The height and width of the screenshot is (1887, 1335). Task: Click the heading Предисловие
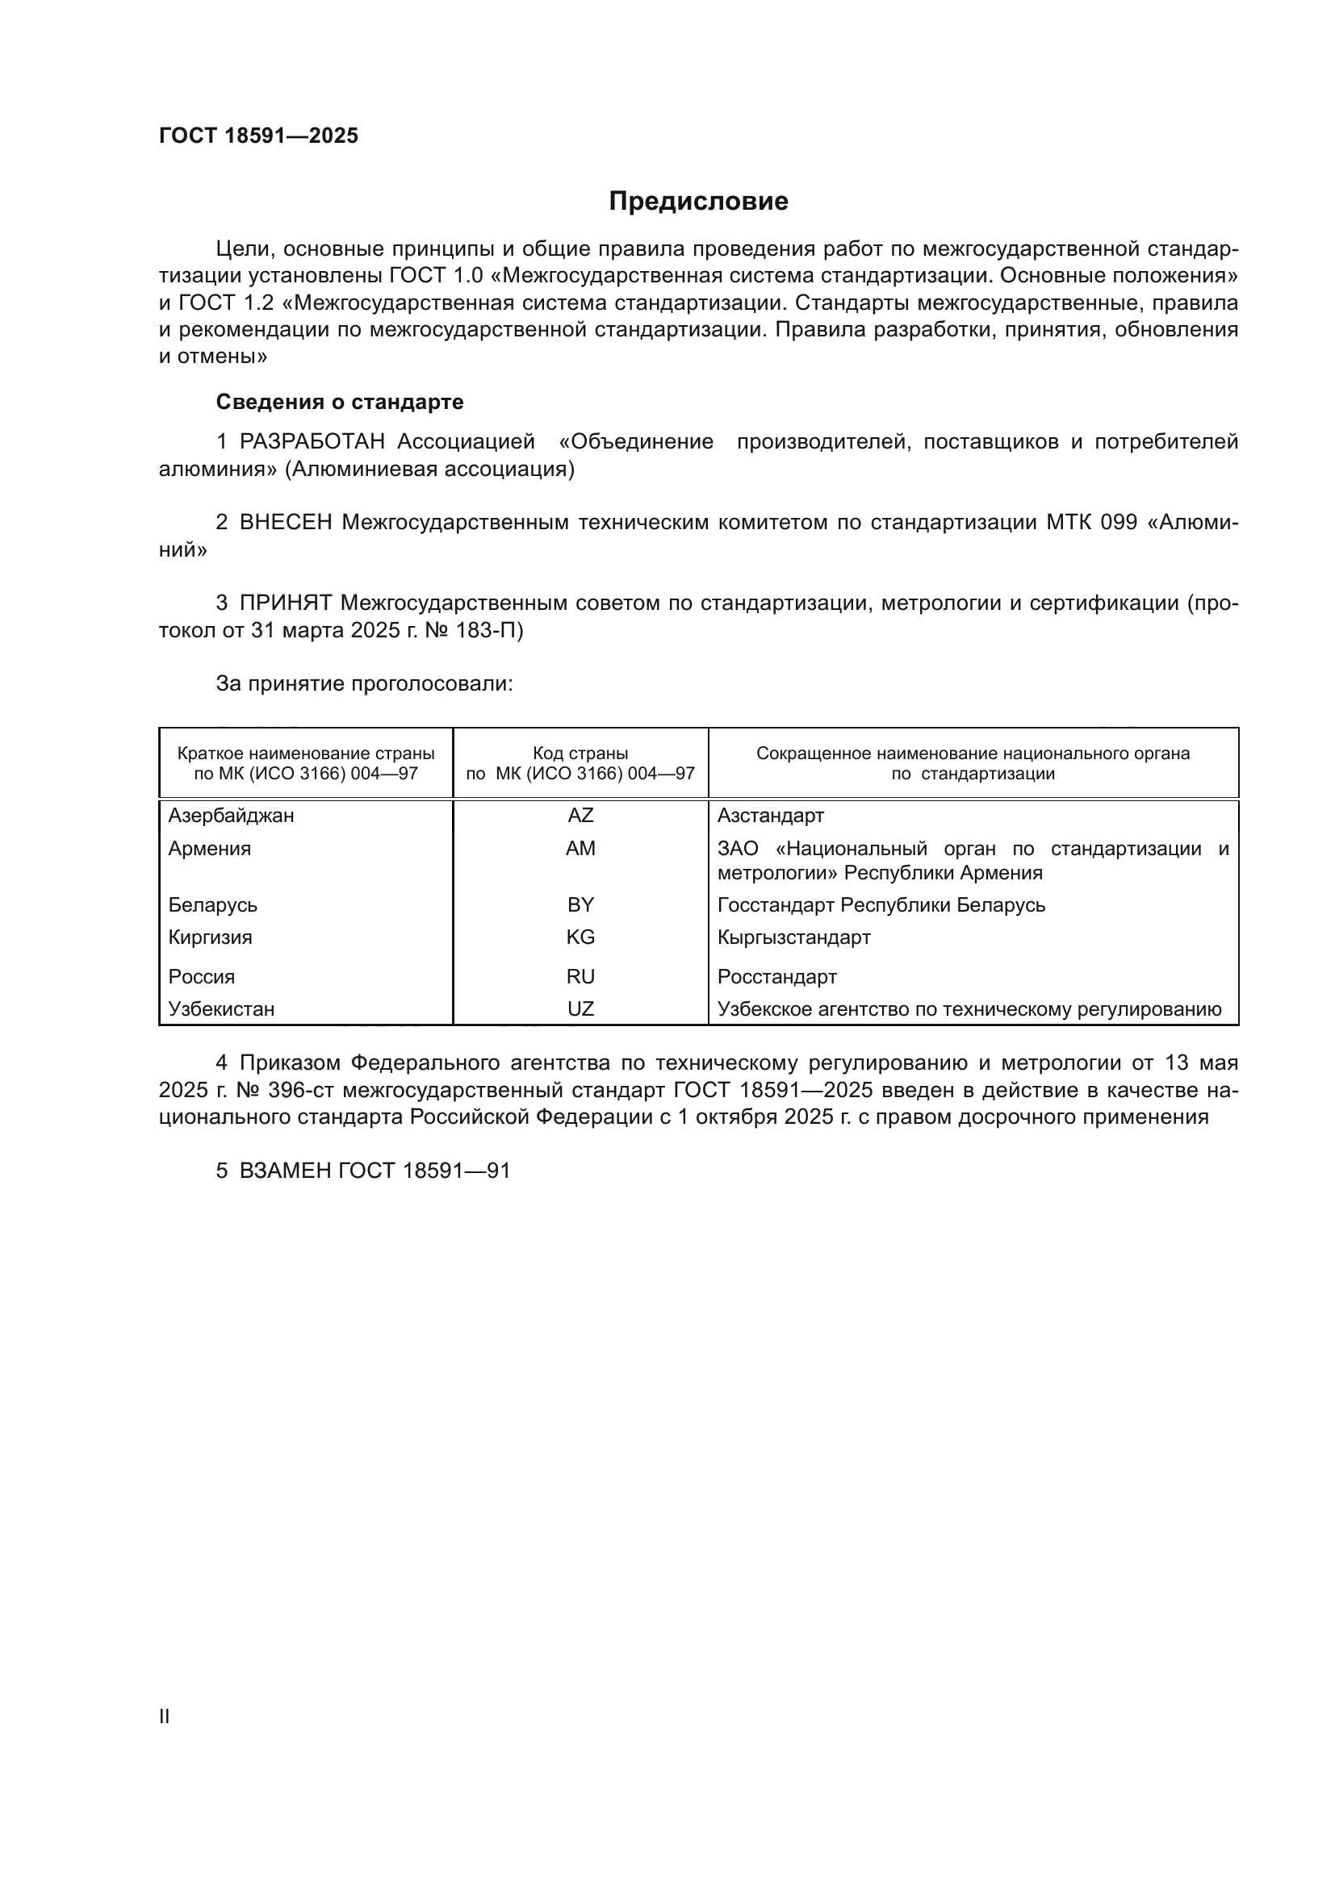pos(698,202)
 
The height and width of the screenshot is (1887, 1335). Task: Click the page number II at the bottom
pos(165,1716)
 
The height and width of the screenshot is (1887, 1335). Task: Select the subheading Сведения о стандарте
pos(340,402)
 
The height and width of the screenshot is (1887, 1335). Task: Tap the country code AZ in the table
pos(580,816)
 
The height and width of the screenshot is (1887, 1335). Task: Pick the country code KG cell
pos(580,937)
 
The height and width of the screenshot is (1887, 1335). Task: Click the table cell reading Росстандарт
pos(776,976)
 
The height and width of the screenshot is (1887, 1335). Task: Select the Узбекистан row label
pos(221,1008)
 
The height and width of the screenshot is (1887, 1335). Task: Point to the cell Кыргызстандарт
pos(793,937)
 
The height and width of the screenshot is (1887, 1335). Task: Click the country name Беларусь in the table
pos(213,905)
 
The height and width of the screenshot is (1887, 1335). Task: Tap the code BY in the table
pos(580,905)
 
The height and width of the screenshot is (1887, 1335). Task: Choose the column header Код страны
pos(580,753)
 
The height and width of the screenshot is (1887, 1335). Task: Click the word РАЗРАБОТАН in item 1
pos(312,442)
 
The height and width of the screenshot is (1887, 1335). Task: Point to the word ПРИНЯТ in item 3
pos(285,603)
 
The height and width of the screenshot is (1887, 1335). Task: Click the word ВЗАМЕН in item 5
pos(285,1171)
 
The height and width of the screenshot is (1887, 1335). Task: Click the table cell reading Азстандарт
pos(770,816)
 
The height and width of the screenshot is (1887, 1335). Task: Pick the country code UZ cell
pos(580,1008)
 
